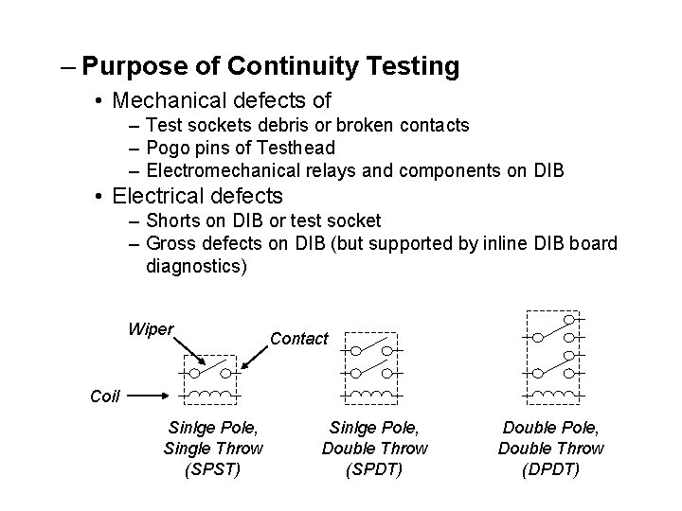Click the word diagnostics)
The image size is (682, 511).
197,267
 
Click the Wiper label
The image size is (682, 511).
151,330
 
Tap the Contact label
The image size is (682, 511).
299,339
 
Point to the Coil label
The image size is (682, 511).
105,396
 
